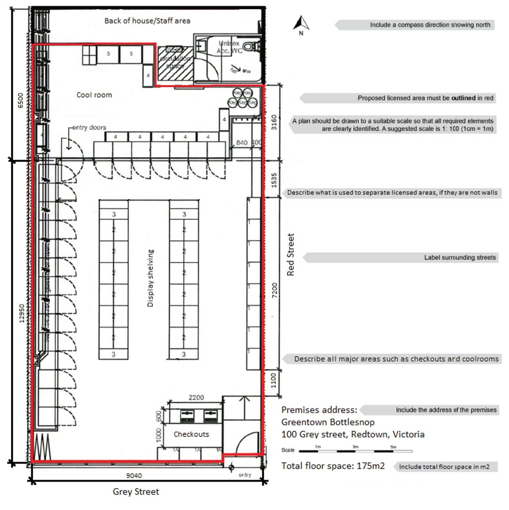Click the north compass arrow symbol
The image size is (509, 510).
click(x=301, y=24)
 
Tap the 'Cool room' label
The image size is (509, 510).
click(x=94, y=95)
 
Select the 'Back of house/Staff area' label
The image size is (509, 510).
click(x=147, y=21)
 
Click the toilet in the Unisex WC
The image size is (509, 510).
click(x=251, y=46)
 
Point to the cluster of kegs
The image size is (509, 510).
click(x=243, y=98)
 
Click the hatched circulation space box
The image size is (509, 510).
click(x=175, y=63)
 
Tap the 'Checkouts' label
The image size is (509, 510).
click(x=191, y=434)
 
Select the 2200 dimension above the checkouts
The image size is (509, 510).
click(x=196, y=397)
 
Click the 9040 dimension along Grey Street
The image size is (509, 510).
click(x=134, y=476)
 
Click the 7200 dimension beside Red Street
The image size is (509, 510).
click(x=274, y=290)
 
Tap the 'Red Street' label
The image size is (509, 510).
click(x=291, y=254)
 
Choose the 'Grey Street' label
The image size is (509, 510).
click(x=136, y=492)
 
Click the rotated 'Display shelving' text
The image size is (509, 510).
click(x=150, y=278)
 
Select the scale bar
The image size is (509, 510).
click(x=356, y=451)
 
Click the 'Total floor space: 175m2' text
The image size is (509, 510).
click(x=333, y=466)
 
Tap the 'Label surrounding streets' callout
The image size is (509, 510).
click(x=460, y=258)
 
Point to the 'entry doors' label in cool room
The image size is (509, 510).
click(x=89, y=128)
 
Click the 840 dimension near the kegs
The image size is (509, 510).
click(x=242, y=143)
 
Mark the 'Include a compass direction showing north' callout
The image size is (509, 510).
click(x=430, y=25)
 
